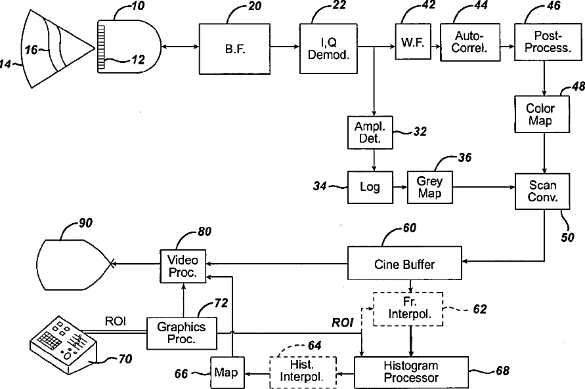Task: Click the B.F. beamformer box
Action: [234, 49]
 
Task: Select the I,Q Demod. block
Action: [328, 49]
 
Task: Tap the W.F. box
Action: [413, 41]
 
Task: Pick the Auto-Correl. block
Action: [470, 42]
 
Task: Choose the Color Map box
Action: [542, 114]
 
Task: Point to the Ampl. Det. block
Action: [370, 133]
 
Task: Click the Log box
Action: [370, 187]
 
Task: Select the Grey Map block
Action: [430, 187]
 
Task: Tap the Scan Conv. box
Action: [542, 191]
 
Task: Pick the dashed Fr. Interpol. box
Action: [408, 309]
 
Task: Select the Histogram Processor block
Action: [411, 372]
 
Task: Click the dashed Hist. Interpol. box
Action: [303, 373]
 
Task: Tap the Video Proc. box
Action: [183, 266]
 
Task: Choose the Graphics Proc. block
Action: [182, 333]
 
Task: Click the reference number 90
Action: [85, 223]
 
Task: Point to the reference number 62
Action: [480, 309]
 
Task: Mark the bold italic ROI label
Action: [343, 323]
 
